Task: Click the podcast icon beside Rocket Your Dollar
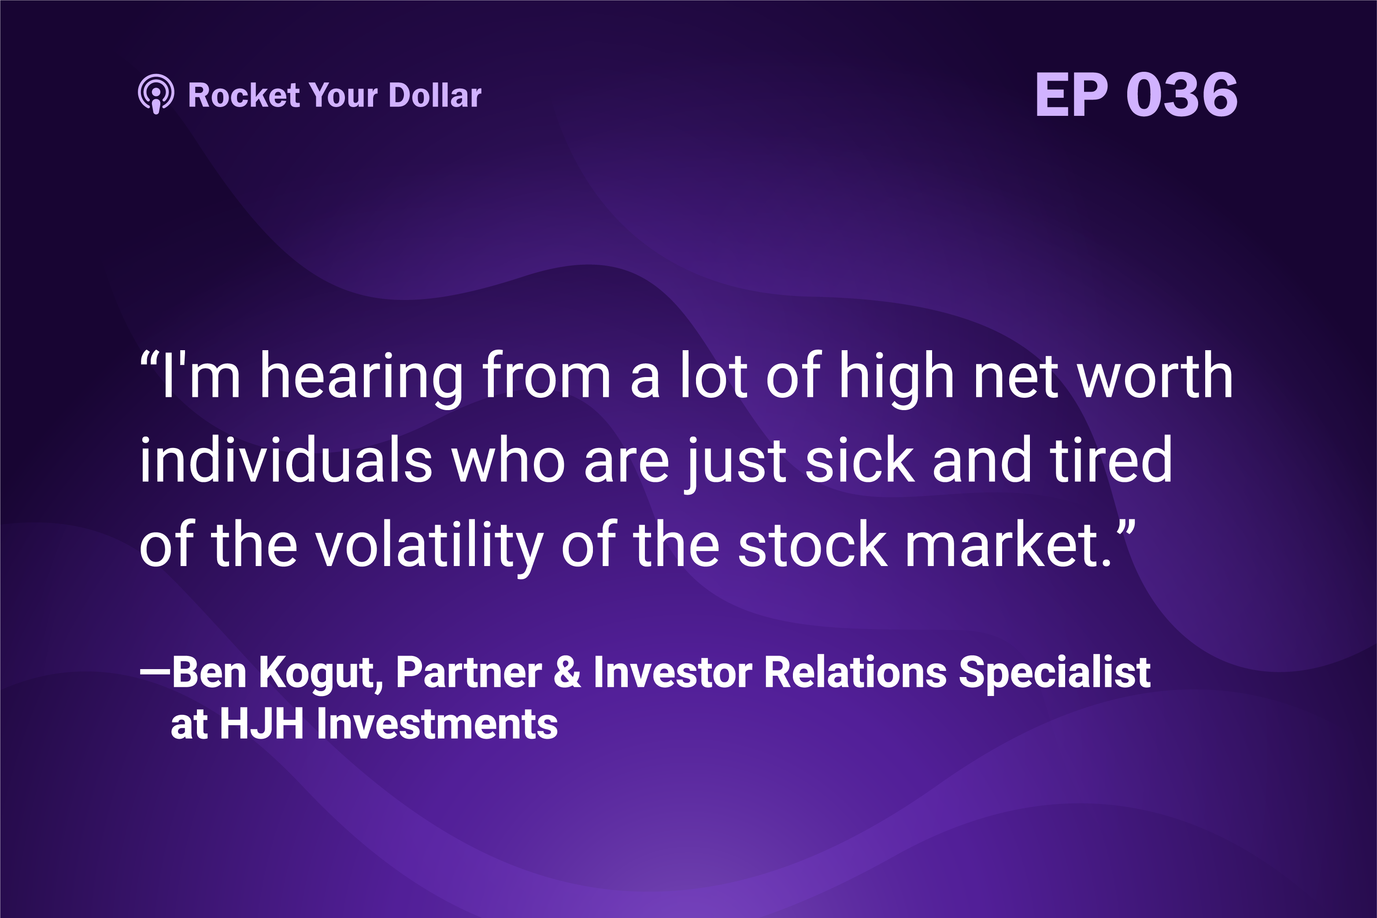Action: [x=156, y=94]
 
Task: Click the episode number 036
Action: [x=1181, y=94]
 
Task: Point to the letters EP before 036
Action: [x=1071, y=94]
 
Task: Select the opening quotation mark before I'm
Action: [x=150, y=360]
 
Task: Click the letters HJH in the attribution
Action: [x=261, y=724]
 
